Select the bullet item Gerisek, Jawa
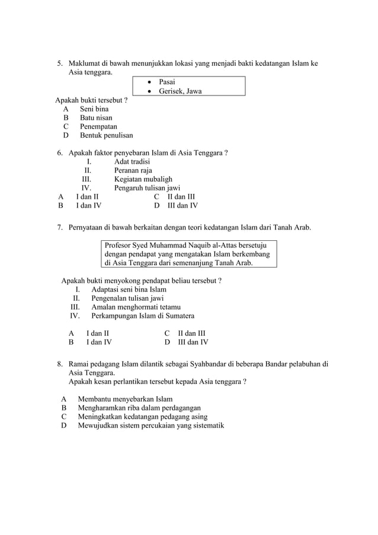pos(180,91)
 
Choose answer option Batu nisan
pos(96,118)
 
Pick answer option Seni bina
pos(94,109)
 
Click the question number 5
pos(59,63)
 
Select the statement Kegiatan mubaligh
pos(143,179)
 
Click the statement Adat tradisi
pos(132,161)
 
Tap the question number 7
pos(60,228)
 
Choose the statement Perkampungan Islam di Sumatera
pos(143,316)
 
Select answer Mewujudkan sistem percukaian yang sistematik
pos(150,425)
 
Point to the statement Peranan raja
pos(133,170)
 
